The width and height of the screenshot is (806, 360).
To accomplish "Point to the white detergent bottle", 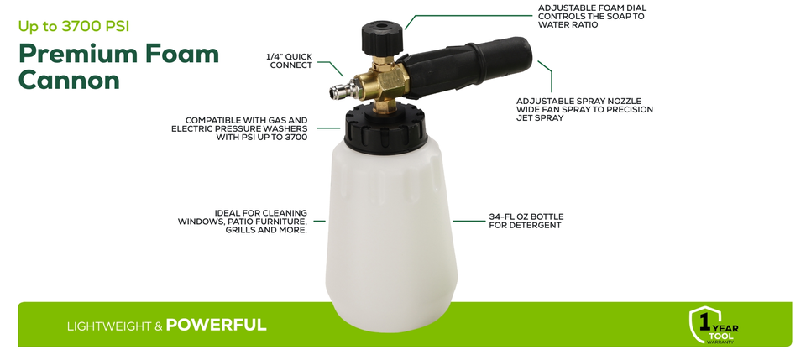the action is click(392, 236).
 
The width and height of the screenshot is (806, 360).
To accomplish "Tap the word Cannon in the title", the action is click(69, 80).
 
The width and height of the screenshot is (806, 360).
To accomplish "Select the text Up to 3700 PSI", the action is click(74, 27).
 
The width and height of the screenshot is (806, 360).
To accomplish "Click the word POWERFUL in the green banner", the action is click(216, 325).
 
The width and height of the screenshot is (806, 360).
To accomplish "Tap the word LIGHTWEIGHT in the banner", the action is click(109, 326).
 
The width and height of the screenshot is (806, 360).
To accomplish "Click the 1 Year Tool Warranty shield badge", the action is click(713, 326).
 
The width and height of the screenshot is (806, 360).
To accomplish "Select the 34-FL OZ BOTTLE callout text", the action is click(526, 221).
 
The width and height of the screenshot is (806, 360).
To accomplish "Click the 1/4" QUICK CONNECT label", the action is click(289, 60).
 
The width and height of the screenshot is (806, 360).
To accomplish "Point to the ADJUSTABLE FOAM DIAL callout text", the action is click(592, 17).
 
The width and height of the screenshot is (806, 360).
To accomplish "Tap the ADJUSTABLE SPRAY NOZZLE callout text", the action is click(584, 109).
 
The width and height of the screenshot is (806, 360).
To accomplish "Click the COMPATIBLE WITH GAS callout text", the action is click(239, 128).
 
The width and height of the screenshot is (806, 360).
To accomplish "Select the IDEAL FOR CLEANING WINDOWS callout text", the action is click(243, 222).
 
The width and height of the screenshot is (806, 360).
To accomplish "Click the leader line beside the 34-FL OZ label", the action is click(468, 222).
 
